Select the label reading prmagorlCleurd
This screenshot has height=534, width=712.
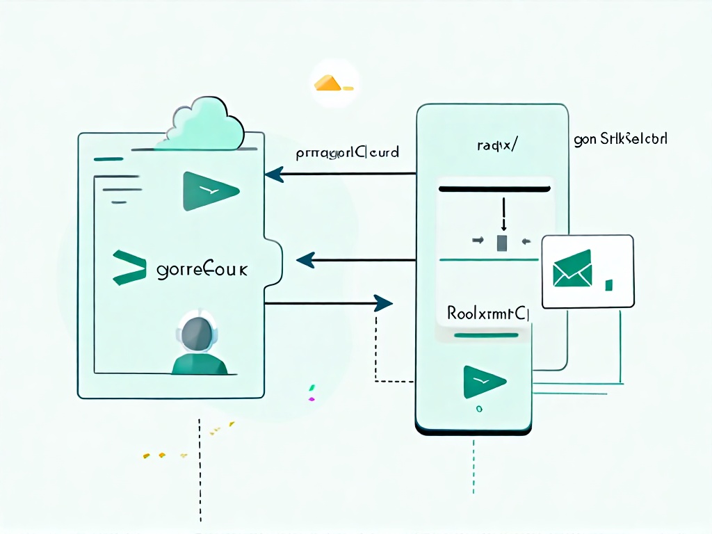pyautogui.click(x=346, y=152)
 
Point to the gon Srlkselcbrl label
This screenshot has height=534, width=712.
pyautogui.click(x=621, y=139)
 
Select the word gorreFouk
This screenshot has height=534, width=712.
pyautogui.click(x=202, y=269)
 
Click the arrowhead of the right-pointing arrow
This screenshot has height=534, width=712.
pyautogui.click(x=382, y=303)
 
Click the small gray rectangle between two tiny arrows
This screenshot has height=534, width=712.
pyautogui.click(x=503, y=242)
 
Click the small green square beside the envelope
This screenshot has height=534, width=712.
pyautogui.click(x=609, y=284)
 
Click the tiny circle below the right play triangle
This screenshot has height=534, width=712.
pyautogui.click(x=478, y=410)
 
